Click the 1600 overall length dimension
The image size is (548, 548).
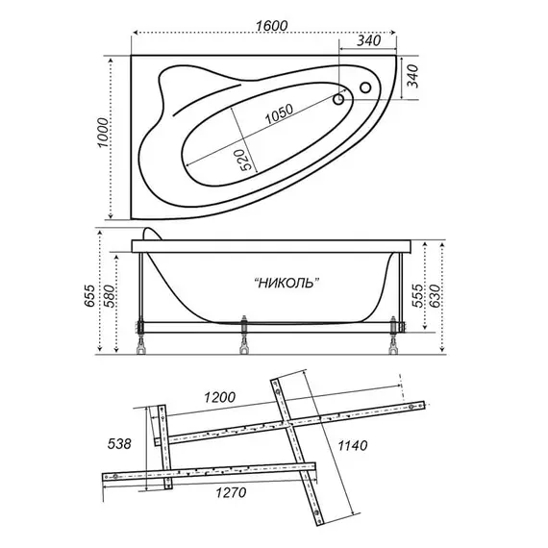(x=271, y=26)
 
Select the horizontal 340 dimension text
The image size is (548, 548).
(x=369, y=41)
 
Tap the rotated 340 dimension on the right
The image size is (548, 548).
(x=412, y=76)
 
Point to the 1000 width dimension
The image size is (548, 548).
(x=103, y=133)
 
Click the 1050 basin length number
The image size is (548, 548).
(x=279, y=114)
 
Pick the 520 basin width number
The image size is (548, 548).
(x=246, y=160)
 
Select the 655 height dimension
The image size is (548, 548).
(x=89, y=296)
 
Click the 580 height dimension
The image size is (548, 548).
(x=109, y=296)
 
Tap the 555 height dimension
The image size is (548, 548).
(x=416, y=296)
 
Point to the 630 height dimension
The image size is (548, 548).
(x=435, y=296)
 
